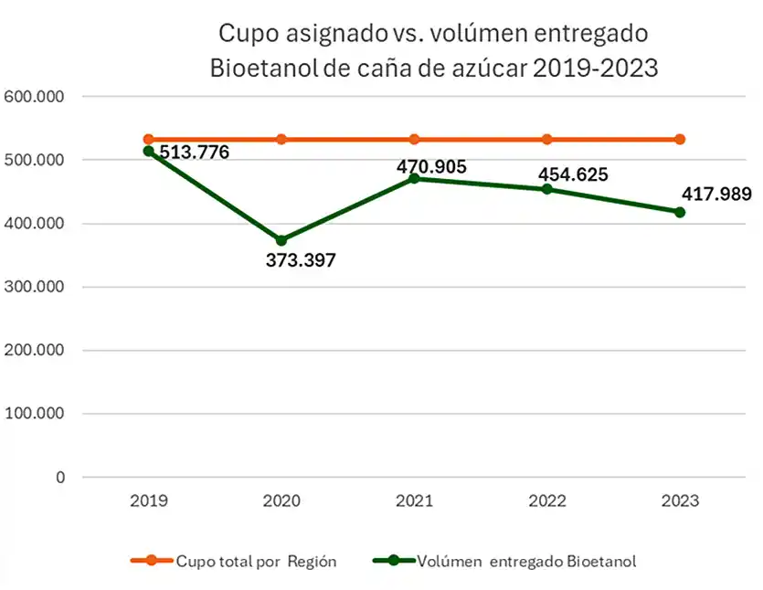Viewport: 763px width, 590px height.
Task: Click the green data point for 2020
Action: [x=281, y=240]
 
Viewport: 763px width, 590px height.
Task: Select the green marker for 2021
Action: [x=414, y=178]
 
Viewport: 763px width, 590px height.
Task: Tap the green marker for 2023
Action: [x=680, y=212]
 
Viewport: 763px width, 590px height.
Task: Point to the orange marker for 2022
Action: [x=547, y=140]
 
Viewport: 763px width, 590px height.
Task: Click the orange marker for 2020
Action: [x=281, y=140]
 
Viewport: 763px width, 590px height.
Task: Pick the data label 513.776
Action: [x=194, y=153]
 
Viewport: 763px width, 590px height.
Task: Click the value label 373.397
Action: [x=301, y=261]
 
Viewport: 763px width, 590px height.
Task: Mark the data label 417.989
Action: [x=716, y=194]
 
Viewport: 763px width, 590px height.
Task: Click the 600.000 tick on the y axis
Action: [x=35, y=96]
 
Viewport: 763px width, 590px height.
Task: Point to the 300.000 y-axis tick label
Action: [x=35, y=287]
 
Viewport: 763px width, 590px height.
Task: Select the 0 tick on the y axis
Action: [x=60, y=477]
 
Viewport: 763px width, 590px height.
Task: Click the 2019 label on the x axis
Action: [x=148, y=501]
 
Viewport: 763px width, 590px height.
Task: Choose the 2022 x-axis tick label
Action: [x=547, y=501]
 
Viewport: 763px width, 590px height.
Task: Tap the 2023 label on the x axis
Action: [x=680, y=501]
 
